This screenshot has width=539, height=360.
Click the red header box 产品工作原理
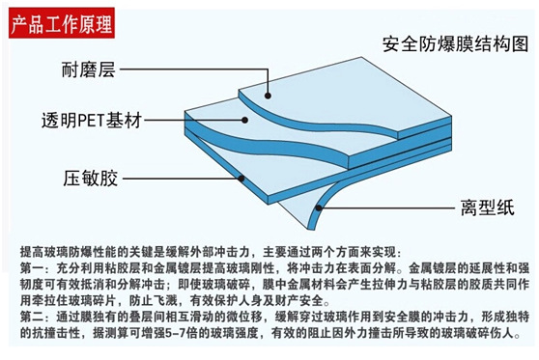[62, 22]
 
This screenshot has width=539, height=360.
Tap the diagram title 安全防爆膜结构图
[456, 44]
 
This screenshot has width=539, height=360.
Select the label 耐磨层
[88, 69]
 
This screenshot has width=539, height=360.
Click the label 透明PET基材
[92, 121]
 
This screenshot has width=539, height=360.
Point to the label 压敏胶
[91, 179]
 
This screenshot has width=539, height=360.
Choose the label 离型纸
[488, 208]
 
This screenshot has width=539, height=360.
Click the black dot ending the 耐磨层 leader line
[268, 96]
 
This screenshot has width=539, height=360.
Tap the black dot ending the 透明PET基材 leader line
[244, 120]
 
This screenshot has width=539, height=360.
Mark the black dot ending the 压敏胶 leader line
[241, 179]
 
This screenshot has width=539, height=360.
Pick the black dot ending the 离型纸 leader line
[319, 208]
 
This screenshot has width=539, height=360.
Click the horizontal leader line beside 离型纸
[388, 208]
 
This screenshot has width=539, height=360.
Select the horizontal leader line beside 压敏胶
[182, 179]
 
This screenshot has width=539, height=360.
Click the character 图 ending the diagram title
[520, 44]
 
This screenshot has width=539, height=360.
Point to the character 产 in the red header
[19, 24]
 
